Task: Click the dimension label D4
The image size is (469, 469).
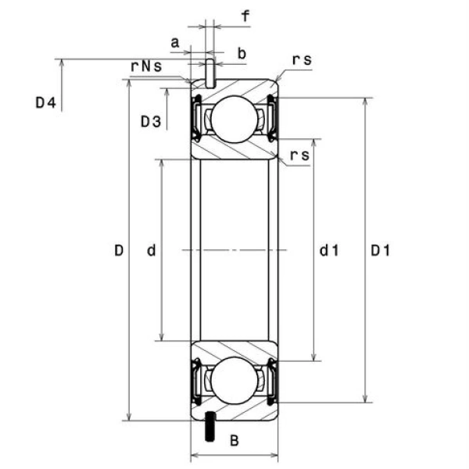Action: coord(45,102)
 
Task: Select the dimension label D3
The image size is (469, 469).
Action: coord(151,121)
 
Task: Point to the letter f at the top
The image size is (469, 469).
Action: coord(246,16)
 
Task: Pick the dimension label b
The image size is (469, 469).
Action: coord(242,53)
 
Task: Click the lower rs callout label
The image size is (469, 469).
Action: coord(299,155)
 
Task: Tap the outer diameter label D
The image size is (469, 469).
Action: coord(118,250)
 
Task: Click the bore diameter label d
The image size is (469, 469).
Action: coord(152,250)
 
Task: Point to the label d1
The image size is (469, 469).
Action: coord(329,250)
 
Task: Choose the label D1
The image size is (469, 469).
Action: coord(381,250)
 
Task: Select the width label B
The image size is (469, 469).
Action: coord(234,441)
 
